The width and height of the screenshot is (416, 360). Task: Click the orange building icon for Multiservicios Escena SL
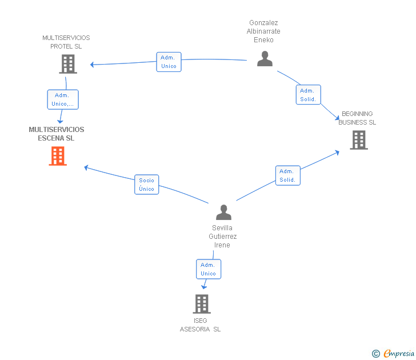coord(58,156)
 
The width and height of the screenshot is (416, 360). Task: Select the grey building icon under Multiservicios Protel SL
coord(68,64)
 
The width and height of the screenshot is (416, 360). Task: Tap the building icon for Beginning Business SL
coord(359,140)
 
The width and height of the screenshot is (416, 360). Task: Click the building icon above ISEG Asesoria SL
coord(202,303)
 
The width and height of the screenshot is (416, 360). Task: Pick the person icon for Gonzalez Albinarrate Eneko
coord(265,59)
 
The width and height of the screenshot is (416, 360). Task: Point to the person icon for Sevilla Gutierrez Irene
coord(223,213)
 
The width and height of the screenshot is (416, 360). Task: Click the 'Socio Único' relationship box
coord(147,185)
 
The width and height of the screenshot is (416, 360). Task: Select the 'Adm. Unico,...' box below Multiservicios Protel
coord(63,99)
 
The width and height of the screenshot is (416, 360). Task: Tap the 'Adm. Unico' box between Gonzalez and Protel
coord(169,62)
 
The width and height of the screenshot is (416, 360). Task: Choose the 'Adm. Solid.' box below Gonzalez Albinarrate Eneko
coord(308,95)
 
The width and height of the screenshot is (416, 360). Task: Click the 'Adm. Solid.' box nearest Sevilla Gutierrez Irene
coord(287,175)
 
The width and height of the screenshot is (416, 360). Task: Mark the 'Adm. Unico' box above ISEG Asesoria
coord(208,269)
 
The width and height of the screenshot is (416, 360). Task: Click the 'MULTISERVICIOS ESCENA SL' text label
coord(57,134)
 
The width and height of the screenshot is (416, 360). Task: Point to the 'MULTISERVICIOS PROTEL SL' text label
coord(66,42)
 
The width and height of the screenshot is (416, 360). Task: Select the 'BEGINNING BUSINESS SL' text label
coord(357,118)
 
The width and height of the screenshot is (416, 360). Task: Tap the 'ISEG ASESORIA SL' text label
coord(200,325)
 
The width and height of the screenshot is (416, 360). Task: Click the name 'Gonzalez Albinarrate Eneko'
coord(263,31)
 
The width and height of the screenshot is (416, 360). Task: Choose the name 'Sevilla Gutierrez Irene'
coord(222,236)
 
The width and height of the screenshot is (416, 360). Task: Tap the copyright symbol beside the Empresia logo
coord(375,354)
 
